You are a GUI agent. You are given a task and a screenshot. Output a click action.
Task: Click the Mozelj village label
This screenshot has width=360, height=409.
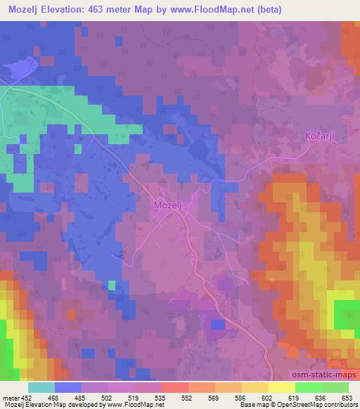tap(168, 205)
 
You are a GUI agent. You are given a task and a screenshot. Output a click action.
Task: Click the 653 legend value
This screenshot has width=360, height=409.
tap(347, 397)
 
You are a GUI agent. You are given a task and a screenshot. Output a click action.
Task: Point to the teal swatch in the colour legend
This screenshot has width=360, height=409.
tap(41, 387)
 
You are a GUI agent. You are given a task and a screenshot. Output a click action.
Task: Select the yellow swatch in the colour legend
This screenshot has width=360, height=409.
tap(255, 387)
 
